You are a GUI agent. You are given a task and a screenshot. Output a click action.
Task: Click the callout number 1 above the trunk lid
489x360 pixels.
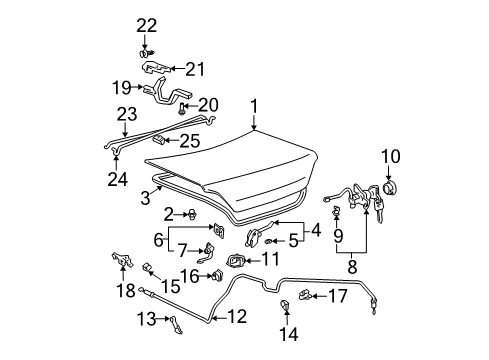(254, 106)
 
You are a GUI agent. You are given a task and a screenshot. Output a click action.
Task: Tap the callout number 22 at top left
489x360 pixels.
(147, 24)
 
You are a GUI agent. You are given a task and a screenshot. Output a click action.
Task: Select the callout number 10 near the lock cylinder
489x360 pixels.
(391, 155)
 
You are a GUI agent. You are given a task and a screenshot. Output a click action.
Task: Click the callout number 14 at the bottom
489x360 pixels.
(292, 334)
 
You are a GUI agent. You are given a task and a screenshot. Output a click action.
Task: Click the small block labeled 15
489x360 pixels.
(147, 266)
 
